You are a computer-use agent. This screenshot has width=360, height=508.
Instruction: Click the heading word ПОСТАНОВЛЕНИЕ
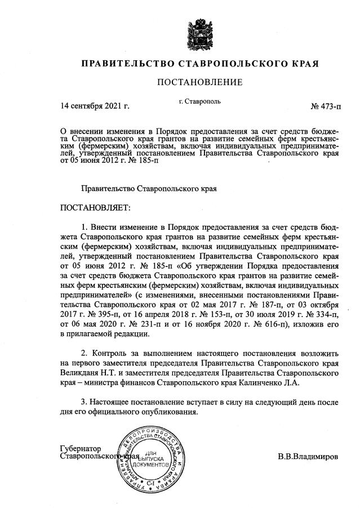(x=199, y=82)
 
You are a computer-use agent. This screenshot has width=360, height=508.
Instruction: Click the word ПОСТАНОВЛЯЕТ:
(x=95, y=208)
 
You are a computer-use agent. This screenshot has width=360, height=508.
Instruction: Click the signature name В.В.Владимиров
(x=308, y=456)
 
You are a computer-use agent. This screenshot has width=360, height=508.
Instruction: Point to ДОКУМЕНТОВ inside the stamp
(x=150, y=467)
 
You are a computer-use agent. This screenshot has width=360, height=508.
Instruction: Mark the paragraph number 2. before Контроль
(x=84, y=353)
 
